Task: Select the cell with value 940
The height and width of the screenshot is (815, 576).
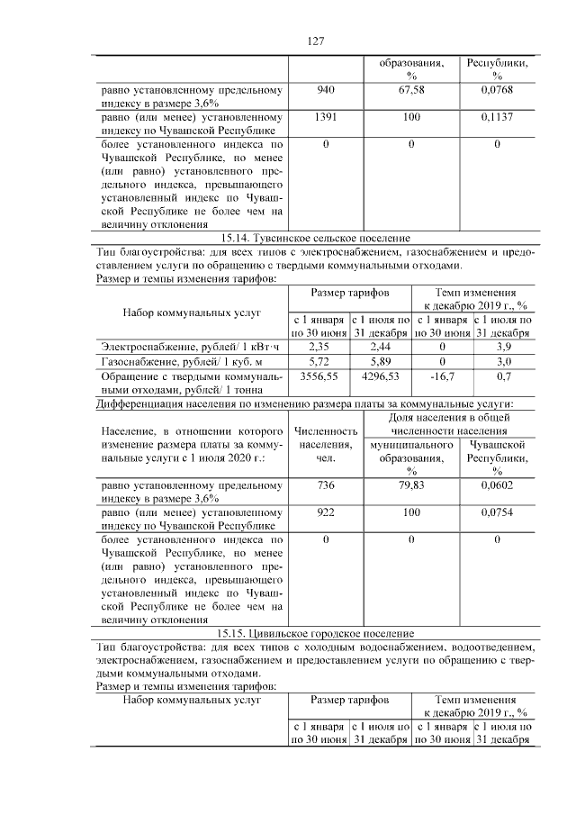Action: coord(326,90)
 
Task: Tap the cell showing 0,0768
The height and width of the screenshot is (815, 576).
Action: coord(497,90)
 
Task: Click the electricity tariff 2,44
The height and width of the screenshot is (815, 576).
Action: coord(379,345)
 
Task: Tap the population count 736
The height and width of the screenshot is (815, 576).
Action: coord(326,486)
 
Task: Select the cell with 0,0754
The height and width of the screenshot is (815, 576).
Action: coord(497,513)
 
